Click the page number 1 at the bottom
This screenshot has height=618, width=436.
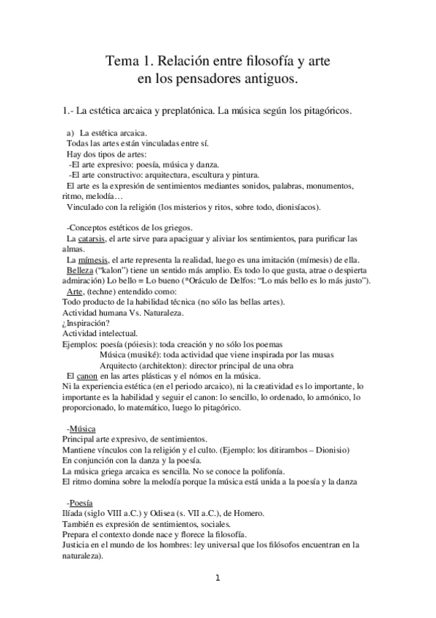tap(217, 578)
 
